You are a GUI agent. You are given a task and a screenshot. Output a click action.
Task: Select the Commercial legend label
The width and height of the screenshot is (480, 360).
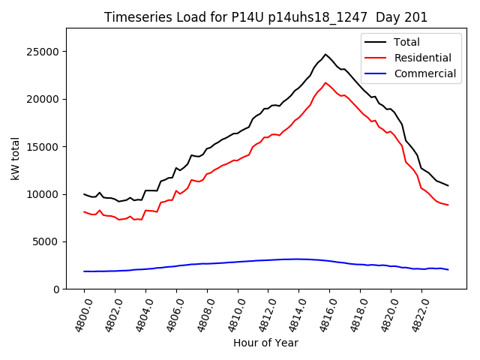424,73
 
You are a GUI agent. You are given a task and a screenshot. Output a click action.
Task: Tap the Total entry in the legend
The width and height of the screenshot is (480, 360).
406,42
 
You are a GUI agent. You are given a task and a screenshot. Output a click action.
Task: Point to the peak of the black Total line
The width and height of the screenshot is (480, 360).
325,54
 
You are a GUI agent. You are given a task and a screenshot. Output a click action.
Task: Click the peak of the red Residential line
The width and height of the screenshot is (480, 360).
325,82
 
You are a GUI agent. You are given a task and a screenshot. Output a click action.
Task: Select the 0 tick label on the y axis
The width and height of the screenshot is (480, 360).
57,289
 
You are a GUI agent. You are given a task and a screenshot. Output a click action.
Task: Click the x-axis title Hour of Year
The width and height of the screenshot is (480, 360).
265,343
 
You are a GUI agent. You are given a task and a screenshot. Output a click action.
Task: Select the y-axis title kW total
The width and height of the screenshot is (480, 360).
15,158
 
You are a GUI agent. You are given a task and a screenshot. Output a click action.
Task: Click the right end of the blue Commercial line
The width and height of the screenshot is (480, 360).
448,269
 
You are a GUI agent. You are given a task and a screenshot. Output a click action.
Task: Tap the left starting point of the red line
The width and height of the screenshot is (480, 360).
84,211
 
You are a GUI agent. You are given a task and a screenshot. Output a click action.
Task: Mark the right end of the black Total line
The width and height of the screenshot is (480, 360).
448,185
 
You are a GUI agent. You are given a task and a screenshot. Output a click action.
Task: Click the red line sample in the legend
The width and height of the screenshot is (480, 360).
376,58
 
